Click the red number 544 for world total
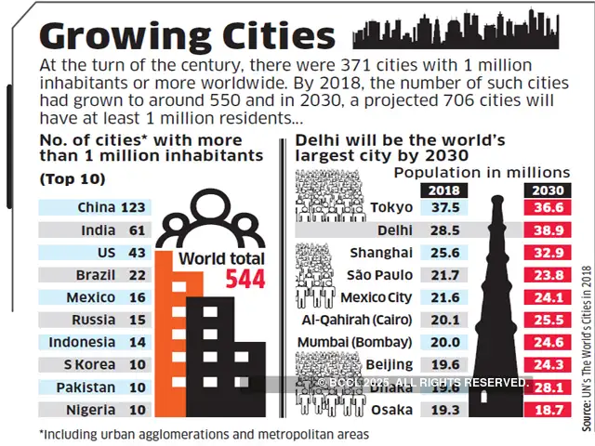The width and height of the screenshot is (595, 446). (x=245, y=279)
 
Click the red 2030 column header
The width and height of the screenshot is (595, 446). (x=546, y=190)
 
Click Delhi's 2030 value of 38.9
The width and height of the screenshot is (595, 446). (x=546, y=230)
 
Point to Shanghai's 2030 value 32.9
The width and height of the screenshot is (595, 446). (x=546, y=253)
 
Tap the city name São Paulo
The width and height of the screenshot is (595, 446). (x=381, y=275)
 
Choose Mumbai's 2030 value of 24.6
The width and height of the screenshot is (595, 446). (x=546, y=342)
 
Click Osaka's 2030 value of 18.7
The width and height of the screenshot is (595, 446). (x=546, y=410)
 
